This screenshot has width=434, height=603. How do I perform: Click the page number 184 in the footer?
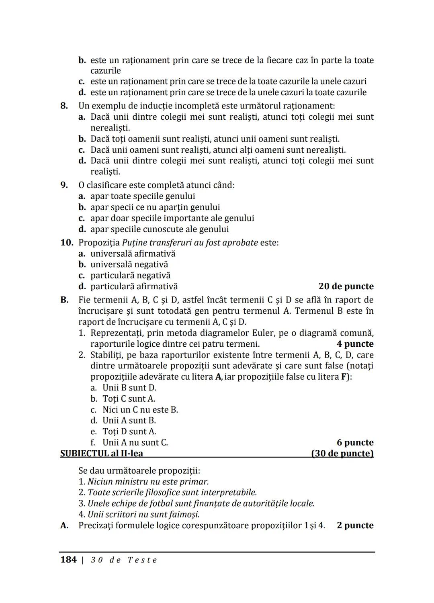(x=68, y=560)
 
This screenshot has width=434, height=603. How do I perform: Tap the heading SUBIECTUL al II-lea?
(x=101, y=453)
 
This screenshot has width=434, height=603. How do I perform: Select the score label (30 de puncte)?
(x=342, y=453)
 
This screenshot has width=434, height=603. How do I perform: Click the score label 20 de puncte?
(x=346, y=286)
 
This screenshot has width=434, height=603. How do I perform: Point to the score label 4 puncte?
(x=355, y=344)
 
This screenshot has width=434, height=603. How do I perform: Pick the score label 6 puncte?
(x=355, y=442)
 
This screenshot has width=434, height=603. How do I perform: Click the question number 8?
(x=64, y=106)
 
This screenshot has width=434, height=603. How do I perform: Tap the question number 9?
(x=64, y=185)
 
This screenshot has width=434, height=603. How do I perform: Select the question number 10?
(x=67, y=243)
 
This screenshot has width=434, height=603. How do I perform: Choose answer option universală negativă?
(x=129, y=264)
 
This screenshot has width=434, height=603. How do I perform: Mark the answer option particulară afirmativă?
(x=134, y=286)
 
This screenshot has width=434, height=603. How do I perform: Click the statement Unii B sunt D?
(x=129, y=388)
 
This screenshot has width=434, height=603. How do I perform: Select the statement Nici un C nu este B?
(x=140, y=410)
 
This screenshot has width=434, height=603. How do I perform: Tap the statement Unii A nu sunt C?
(x=135, y=442)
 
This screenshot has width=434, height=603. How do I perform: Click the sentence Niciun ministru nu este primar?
(x=148, y=482)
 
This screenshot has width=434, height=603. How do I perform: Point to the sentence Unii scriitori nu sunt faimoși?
(x=143, y=514)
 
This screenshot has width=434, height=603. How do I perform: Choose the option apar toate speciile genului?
(x=143, y=196)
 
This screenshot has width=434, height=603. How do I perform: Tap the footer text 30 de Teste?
(x=124, y=560)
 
